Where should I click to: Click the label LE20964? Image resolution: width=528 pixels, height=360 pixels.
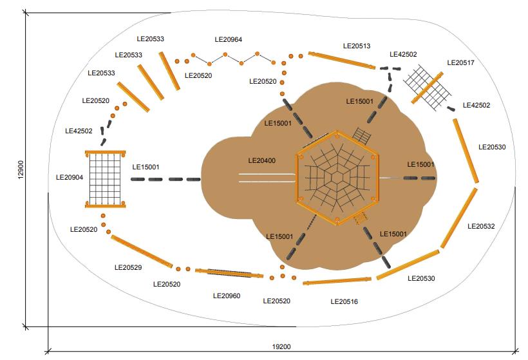(x=229, y=40)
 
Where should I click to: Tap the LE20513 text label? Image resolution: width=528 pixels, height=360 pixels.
(x=357, y=46)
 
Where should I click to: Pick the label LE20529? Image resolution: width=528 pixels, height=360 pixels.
(x=128, y=267)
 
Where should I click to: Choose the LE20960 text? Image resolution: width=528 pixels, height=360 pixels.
(x=227, y=296)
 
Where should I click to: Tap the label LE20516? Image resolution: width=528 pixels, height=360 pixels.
(x=344, y=301)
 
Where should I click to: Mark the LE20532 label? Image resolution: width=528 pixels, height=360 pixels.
(x=481, y=226)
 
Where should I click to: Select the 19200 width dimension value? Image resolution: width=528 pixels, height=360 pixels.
(x=281, y=346)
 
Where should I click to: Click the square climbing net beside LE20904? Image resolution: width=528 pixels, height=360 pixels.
(x=104, y=179)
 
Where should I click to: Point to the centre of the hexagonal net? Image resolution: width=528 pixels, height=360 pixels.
(x=337, y=178)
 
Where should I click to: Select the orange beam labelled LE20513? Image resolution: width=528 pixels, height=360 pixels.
(x=341, y=61)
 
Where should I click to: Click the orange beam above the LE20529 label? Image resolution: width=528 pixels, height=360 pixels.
(x=142, y=251)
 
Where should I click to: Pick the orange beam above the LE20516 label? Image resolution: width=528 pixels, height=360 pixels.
(x=337, y=281)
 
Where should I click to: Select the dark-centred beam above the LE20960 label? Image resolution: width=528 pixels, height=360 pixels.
(x=229, y=274)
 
